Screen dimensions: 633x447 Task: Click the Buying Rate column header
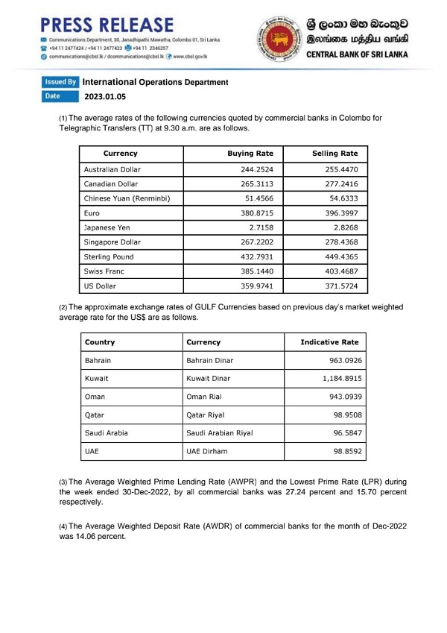point(250,154)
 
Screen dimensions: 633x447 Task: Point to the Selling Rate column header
point(334,154)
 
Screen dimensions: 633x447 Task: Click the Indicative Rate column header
point(329,342)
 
